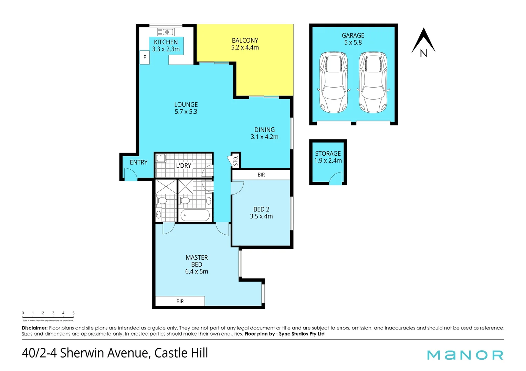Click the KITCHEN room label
pyautogui.click(x=166, y=42)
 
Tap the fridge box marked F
pyautogui.click(x=145, y=57)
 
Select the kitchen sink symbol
pyautogui.click(x=166, y=32)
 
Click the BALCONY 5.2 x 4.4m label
pyautogui.click(x=245, y=44)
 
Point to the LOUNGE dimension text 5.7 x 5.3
pyautogui.click(x=186, y=112)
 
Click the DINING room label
pyautogui.click(x=264, y=130)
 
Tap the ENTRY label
pyautogui.click(x=138, y=162)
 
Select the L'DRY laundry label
pyautogui.click(x=183, y=166)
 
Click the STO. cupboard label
pyautogui.click(x=236, y=161)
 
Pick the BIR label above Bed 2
pyautogui.click(x=261, y=175)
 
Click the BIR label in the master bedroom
pyautogui.click(x=180, y=301)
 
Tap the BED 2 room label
pyautogui.click(x=261, y=209)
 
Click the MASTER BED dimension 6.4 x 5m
pyautogui.click(x=197, y=271)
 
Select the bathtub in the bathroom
pyautogui.click(x=195, y=216)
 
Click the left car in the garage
pyautogui.click(x=333, y=82)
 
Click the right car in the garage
pyautogui.click(x=373, y=82)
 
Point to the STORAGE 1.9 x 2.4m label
pyautogui.click(x=328, y=157)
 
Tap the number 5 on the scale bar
pyautogui.click(x=73, y=313)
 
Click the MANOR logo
pyautogui.click(x=465, y=355)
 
